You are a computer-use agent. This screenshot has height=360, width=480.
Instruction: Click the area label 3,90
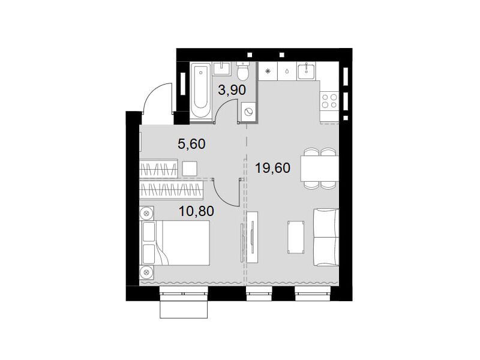coord(232,90)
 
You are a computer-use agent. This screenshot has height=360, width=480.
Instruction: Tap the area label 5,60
coord(191,143)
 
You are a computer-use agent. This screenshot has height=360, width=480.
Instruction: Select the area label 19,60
coord(272,168)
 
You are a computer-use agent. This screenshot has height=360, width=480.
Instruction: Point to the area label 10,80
coord(196,211)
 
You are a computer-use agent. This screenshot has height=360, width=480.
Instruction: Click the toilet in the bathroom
coord(243,70)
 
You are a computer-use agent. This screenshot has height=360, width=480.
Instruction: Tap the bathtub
coord(201,91)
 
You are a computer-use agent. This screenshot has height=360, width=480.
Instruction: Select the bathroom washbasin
coord(222,68)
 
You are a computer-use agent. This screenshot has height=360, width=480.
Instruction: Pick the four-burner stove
coord(329,101)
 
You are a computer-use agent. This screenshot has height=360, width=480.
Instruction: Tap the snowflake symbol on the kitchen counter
coord(268,71)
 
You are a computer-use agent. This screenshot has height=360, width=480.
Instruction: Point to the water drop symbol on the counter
coord(287,71)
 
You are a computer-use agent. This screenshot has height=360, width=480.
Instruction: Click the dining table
coord(320,169)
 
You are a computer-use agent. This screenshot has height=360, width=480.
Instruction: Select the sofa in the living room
coord(326,237)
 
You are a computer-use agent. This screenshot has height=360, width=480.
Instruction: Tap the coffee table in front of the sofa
coord(296,237)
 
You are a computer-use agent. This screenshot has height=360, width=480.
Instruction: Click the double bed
coord(175,243)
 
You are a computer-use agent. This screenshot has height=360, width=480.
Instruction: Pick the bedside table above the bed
coord(146,213)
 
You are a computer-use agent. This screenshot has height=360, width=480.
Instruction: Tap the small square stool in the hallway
coord(190,169)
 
